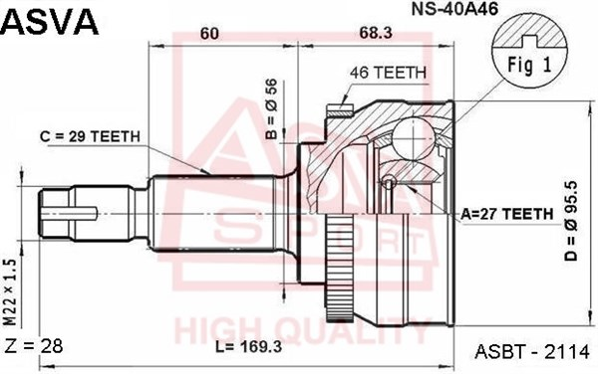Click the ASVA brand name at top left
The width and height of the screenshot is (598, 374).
tap(50, 22)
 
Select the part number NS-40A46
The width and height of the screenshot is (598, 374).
tap(454, 9)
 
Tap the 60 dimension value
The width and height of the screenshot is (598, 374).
tap(209, 34)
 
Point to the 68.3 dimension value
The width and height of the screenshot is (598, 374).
tap(375, 33)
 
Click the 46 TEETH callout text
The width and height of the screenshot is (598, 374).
tap(388, 73)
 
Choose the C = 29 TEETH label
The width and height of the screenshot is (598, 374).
tap(90, 136)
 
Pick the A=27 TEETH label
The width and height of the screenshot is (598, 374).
tap(507, 214)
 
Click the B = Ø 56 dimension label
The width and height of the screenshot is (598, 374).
tap(271, 108)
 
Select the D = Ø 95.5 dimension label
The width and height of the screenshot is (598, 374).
tap(572, 221)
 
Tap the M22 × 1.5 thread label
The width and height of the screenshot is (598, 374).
tap(10, 292)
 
